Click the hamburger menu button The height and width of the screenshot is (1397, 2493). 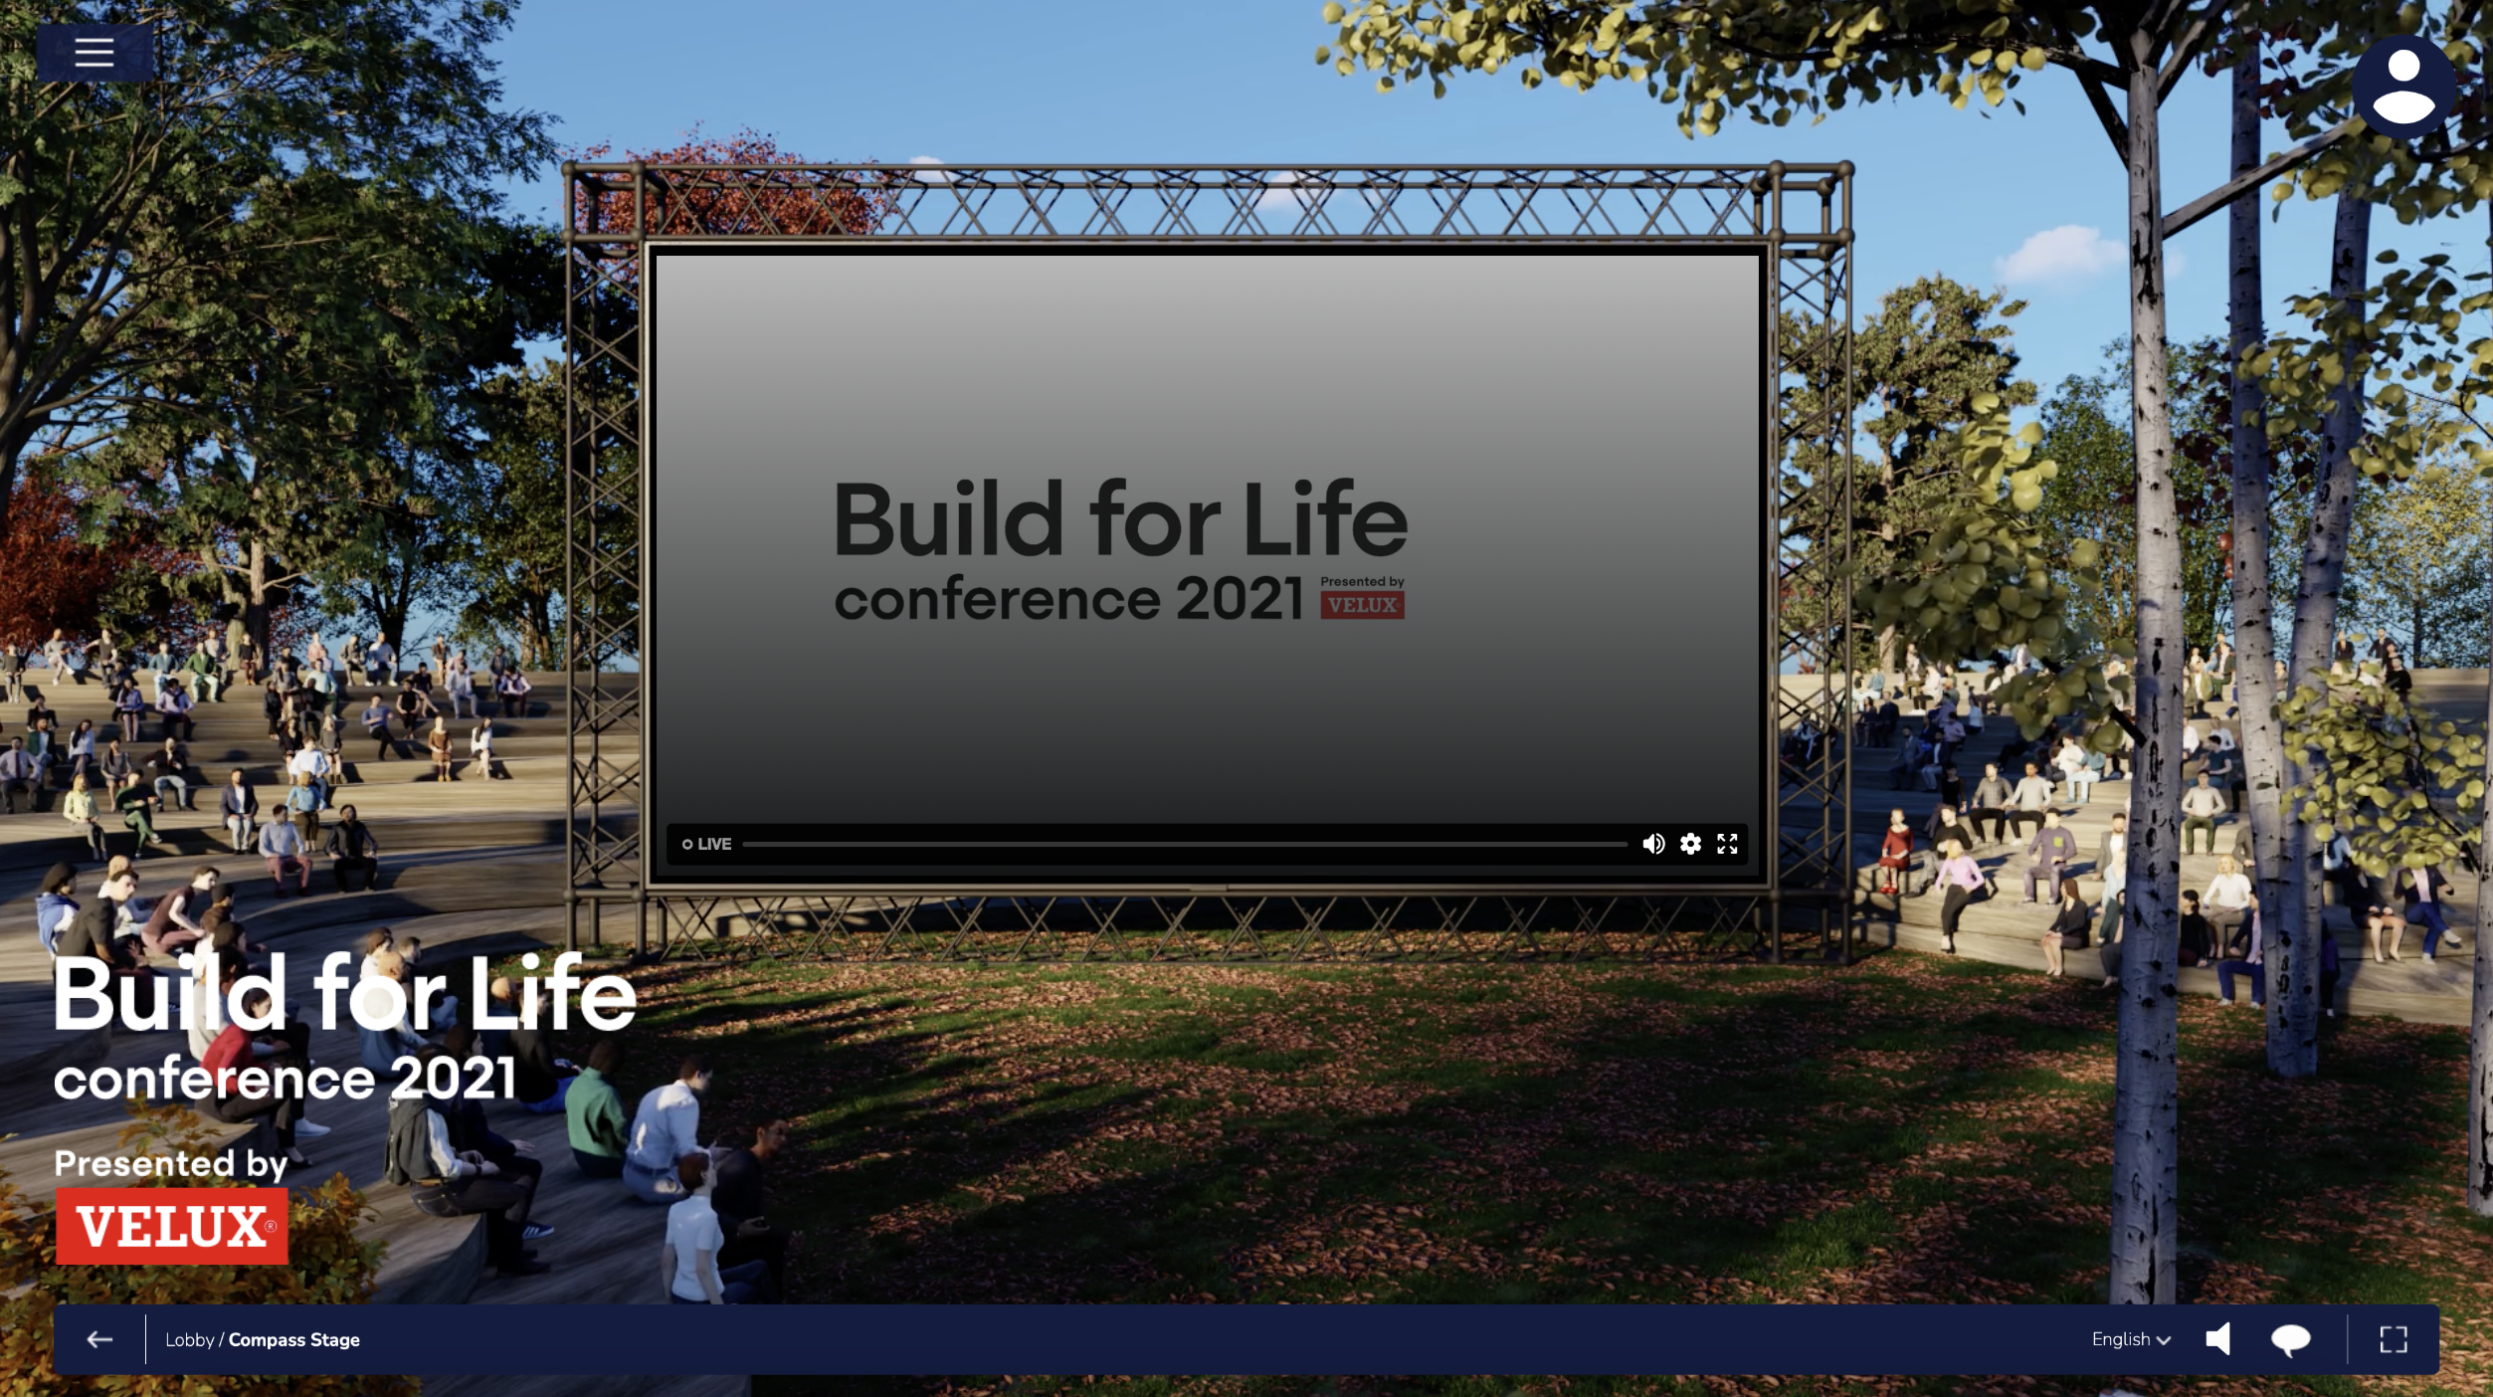pyautogui.click(x=95, y=52)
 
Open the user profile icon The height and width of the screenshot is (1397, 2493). pyautogui.click(x=2403, y=87)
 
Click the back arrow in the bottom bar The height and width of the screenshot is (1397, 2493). pyautogui.click(x=99, y=1339)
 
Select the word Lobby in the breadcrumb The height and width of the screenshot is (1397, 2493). pyautogui.click(x=190, y=1339)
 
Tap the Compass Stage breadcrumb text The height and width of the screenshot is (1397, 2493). pyautogui.click(x=294, y=1339)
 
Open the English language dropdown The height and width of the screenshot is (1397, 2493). pyautogui.click(x=2131, y=1339)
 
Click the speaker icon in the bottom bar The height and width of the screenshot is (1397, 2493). pyautogui.click(x=2218, y=1339)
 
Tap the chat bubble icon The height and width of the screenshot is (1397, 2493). pyautogui.click(x=2290, y=1340)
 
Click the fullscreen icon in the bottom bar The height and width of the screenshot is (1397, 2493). pyautogui.click(x=2394, y=1339)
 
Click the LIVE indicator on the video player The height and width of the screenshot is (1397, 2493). pyautogui.click(x=707, y=844)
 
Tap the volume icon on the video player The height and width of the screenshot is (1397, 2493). pyautogui.click(x=1653, y=844)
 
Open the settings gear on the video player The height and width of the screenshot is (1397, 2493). pyautogui.click(x=1690, y=844)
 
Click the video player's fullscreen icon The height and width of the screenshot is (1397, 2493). pyautogui.click(x=1727, y=844)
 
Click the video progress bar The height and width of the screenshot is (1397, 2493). pyautogui.click(x=1185, y=844)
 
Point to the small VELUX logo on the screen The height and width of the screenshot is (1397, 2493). pyautogui.click(x=1362, y=605)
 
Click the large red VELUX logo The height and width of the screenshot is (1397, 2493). pyautogui.click(x=172, y=1226)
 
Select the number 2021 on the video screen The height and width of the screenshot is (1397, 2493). pyautogui.click(x=1240, y=598)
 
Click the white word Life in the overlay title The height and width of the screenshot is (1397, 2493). pyautogui.click(x=552, y=992)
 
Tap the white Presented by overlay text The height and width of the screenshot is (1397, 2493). pyautogui.click(x=171, y=1164)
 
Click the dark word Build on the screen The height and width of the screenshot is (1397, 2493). pyautogui.click(x=949, y=519)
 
